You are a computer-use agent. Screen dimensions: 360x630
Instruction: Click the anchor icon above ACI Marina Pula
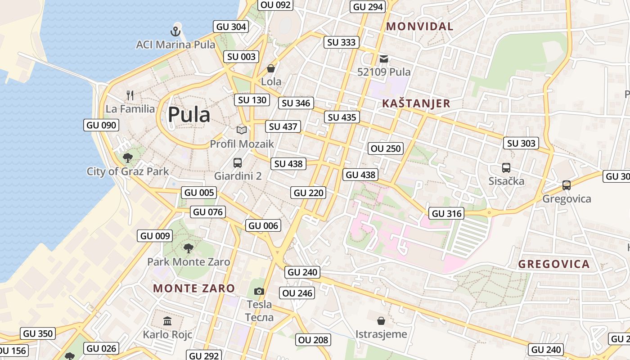tap(175, 31)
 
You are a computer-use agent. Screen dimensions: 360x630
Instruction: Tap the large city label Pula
tap(189, 115)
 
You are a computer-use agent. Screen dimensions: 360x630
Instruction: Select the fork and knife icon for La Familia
tap(130, 95)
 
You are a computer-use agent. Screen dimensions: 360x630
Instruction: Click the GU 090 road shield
tap(101, 125)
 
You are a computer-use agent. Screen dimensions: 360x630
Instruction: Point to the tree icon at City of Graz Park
tap(128, 157)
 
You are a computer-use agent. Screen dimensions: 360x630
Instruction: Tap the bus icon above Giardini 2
tap(238, 162)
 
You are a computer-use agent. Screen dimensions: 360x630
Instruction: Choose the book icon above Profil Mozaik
tap(242, 130)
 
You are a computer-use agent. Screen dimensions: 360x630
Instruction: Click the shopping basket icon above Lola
tap(271, 68)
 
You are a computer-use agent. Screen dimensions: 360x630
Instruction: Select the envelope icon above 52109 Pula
tap(384, 58)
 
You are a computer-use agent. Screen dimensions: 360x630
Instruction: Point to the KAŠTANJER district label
tap(416, 103)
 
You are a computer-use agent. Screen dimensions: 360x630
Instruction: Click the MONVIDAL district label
tap(420, 27)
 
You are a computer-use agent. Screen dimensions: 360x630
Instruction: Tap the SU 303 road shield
tap(521, 143)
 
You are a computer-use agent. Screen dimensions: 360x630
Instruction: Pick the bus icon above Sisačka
tap(506, 168)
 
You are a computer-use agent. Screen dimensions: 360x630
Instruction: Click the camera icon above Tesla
tap(259, 291)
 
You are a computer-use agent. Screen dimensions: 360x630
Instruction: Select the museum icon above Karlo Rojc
tap(167, 321)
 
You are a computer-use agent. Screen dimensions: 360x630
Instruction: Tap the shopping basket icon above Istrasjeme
tap(381, 320)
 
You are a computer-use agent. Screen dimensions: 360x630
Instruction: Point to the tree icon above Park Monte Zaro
tap(189, 247)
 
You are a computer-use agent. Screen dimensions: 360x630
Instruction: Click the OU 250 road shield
tap(386, 148)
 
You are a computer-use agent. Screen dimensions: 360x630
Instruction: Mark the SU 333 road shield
tap(342, 42)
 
